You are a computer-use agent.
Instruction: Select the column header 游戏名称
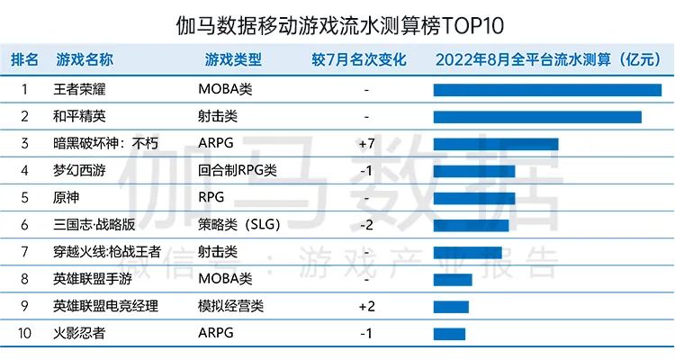point(84,60)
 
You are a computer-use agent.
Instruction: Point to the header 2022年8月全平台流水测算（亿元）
point(548,60)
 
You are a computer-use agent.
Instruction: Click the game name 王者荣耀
point(79,90)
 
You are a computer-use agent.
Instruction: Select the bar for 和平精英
point(537,117)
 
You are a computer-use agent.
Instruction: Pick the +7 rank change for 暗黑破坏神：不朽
point(366,144)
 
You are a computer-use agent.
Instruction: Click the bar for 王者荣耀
point(547,90)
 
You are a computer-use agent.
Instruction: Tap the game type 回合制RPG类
point(237,171)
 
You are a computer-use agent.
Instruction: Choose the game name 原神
point(67,198)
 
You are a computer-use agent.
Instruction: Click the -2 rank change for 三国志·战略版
point(366,225)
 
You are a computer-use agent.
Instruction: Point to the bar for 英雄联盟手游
point(453,279)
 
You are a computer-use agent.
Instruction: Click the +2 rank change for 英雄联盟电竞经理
point(366,306)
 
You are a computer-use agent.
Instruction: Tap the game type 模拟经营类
point(230,306)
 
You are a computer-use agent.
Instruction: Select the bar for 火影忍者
point(449,334)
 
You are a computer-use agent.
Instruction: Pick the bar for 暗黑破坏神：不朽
point(496,144)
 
